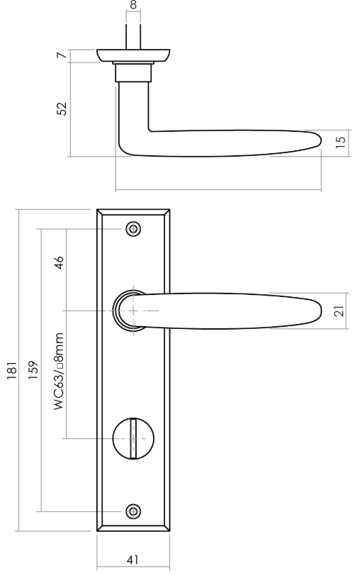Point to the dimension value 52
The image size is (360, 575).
(62, 108)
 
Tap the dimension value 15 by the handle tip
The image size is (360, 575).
(340, 141)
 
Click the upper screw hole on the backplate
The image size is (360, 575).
(132, 229)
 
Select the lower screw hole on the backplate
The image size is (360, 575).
(132, 511)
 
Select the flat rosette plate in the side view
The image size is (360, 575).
(133, 55)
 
